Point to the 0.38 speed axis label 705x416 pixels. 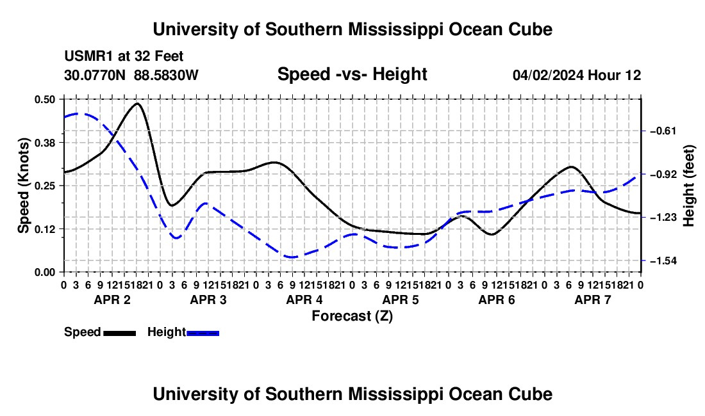[x=45, y=143]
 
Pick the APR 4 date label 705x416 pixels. [x=304, y=300]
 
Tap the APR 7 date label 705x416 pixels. [x=593, y=300]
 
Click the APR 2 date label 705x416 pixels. [x=112, y=300]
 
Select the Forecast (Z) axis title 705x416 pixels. [x=352, y=316]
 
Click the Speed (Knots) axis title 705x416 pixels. [x=23, y=186]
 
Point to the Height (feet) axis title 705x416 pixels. [x=689, y=186]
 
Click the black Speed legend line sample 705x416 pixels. [x=120, y=333]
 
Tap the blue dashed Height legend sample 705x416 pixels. [x=203, y=333]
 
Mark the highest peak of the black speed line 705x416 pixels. [x=137, y=104]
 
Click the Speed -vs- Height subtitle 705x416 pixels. [x=352, y=74]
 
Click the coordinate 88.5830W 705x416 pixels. [x=166, y=75]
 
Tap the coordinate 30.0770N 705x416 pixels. [x=95, y=75]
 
